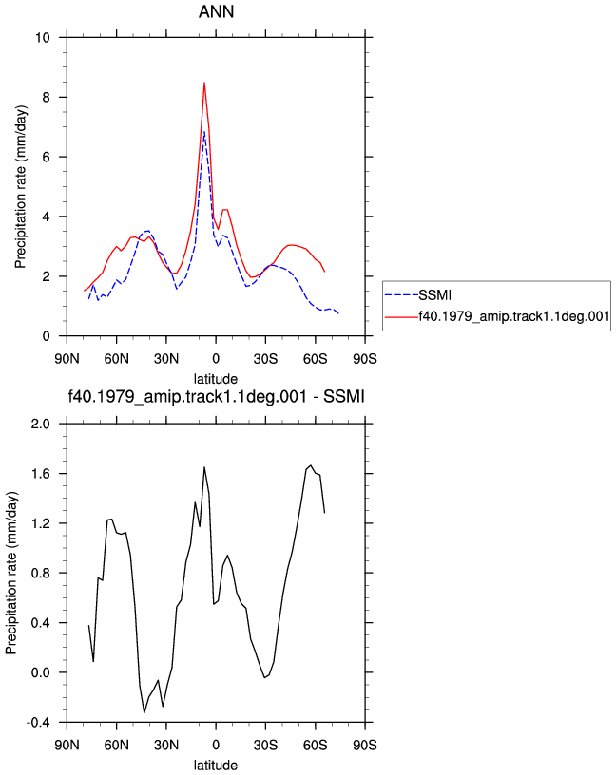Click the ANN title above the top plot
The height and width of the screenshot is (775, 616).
point(216,11)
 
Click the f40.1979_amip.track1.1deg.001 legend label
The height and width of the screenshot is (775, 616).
point(514,316)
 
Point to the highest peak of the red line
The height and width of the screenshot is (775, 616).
point(204,83)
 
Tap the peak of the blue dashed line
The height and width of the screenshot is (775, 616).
point(203,131)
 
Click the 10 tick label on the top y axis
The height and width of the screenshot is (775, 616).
point(43,38)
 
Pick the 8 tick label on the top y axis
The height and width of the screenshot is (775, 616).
point(46,98)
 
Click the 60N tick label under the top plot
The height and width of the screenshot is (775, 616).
point(116,358)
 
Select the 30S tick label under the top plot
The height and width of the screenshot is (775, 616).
point(265,358)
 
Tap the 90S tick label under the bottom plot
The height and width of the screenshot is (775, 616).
point(365,745)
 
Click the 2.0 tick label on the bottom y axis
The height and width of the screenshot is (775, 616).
point(40,425)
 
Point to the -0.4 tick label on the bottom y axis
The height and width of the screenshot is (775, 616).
point(38,723)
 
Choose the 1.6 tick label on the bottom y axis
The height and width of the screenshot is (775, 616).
point(40,474)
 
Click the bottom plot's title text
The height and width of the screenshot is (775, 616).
point(216,396)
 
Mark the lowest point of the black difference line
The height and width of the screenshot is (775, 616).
point(144,712)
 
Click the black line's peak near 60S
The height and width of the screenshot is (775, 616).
point(311,465)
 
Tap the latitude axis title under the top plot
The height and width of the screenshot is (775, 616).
point(215,379)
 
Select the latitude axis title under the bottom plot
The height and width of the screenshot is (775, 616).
point(215,766)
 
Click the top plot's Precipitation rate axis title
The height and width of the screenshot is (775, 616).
point(20,187)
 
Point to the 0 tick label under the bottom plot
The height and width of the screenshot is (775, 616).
point(216,745)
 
